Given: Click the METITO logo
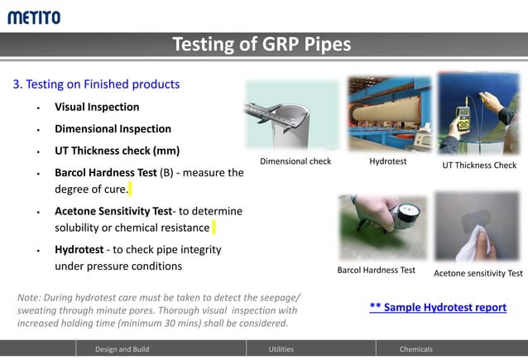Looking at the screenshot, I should click(34, 17).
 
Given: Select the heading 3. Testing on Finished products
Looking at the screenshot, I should click(95, 84).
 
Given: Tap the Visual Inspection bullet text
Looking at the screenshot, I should click(97, 107).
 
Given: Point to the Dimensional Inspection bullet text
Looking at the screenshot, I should click(113, 129).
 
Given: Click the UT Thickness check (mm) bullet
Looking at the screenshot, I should click(117, 151).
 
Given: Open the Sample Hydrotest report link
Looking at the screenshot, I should click(438, 307).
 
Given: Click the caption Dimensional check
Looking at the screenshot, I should click(295, 161).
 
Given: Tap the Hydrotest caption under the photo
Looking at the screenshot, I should click(387, 161).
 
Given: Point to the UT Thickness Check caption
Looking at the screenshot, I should click(479, 166).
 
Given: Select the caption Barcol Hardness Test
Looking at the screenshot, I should click(376, 271).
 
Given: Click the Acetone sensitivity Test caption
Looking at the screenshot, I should click(478, 274).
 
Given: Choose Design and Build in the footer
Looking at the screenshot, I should click(122, 349).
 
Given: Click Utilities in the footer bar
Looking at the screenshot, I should click(281, 349).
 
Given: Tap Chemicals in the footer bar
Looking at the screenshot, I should click(415, 349).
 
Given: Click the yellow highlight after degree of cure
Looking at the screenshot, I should click(130, 190).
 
